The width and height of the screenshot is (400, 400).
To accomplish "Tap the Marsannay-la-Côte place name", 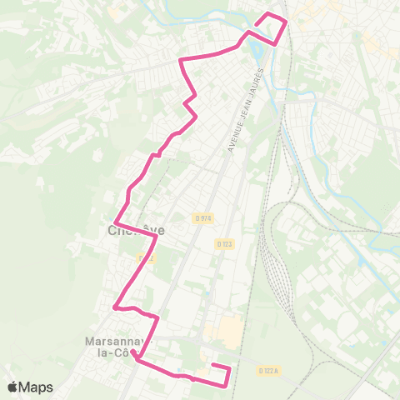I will (x=116, y=347).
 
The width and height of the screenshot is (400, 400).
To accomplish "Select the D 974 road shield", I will (x=204, y=218).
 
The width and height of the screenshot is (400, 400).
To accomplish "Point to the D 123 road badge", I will (x=223, y=244).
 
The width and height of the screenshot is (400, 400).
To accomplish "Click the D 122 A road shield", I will (x=267, y=370).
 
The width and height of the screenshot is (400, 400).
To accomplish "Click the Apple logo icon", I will (x=12, y=387).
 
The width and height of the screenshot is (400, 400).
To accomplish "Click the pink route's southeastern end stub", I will (x=214, y=367).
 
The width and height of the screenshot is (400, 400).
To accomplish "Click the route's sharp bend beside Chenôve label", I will (x=157, y=237).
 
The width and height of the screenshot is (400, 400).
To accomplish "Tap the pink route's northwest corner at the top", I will (x=182, y=60).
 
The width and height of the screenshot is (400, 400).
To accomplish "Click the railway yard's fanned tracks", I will (x=275, y=267).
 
